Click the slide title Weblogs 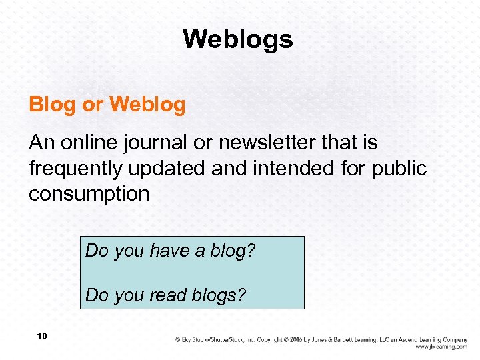pyautogui.click(x=238, y=39)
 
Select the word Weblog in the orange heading pyautogui.click(x=147, y=105)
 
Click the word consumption pyautogui.click(x=89, y=195)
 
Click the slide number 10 pyautogui.click(x=42, y=337)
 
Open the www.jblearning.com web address pyautogui.click(x=441, y=347)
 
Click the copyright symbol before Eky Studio pyautogui.click(x=178, y=339)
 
